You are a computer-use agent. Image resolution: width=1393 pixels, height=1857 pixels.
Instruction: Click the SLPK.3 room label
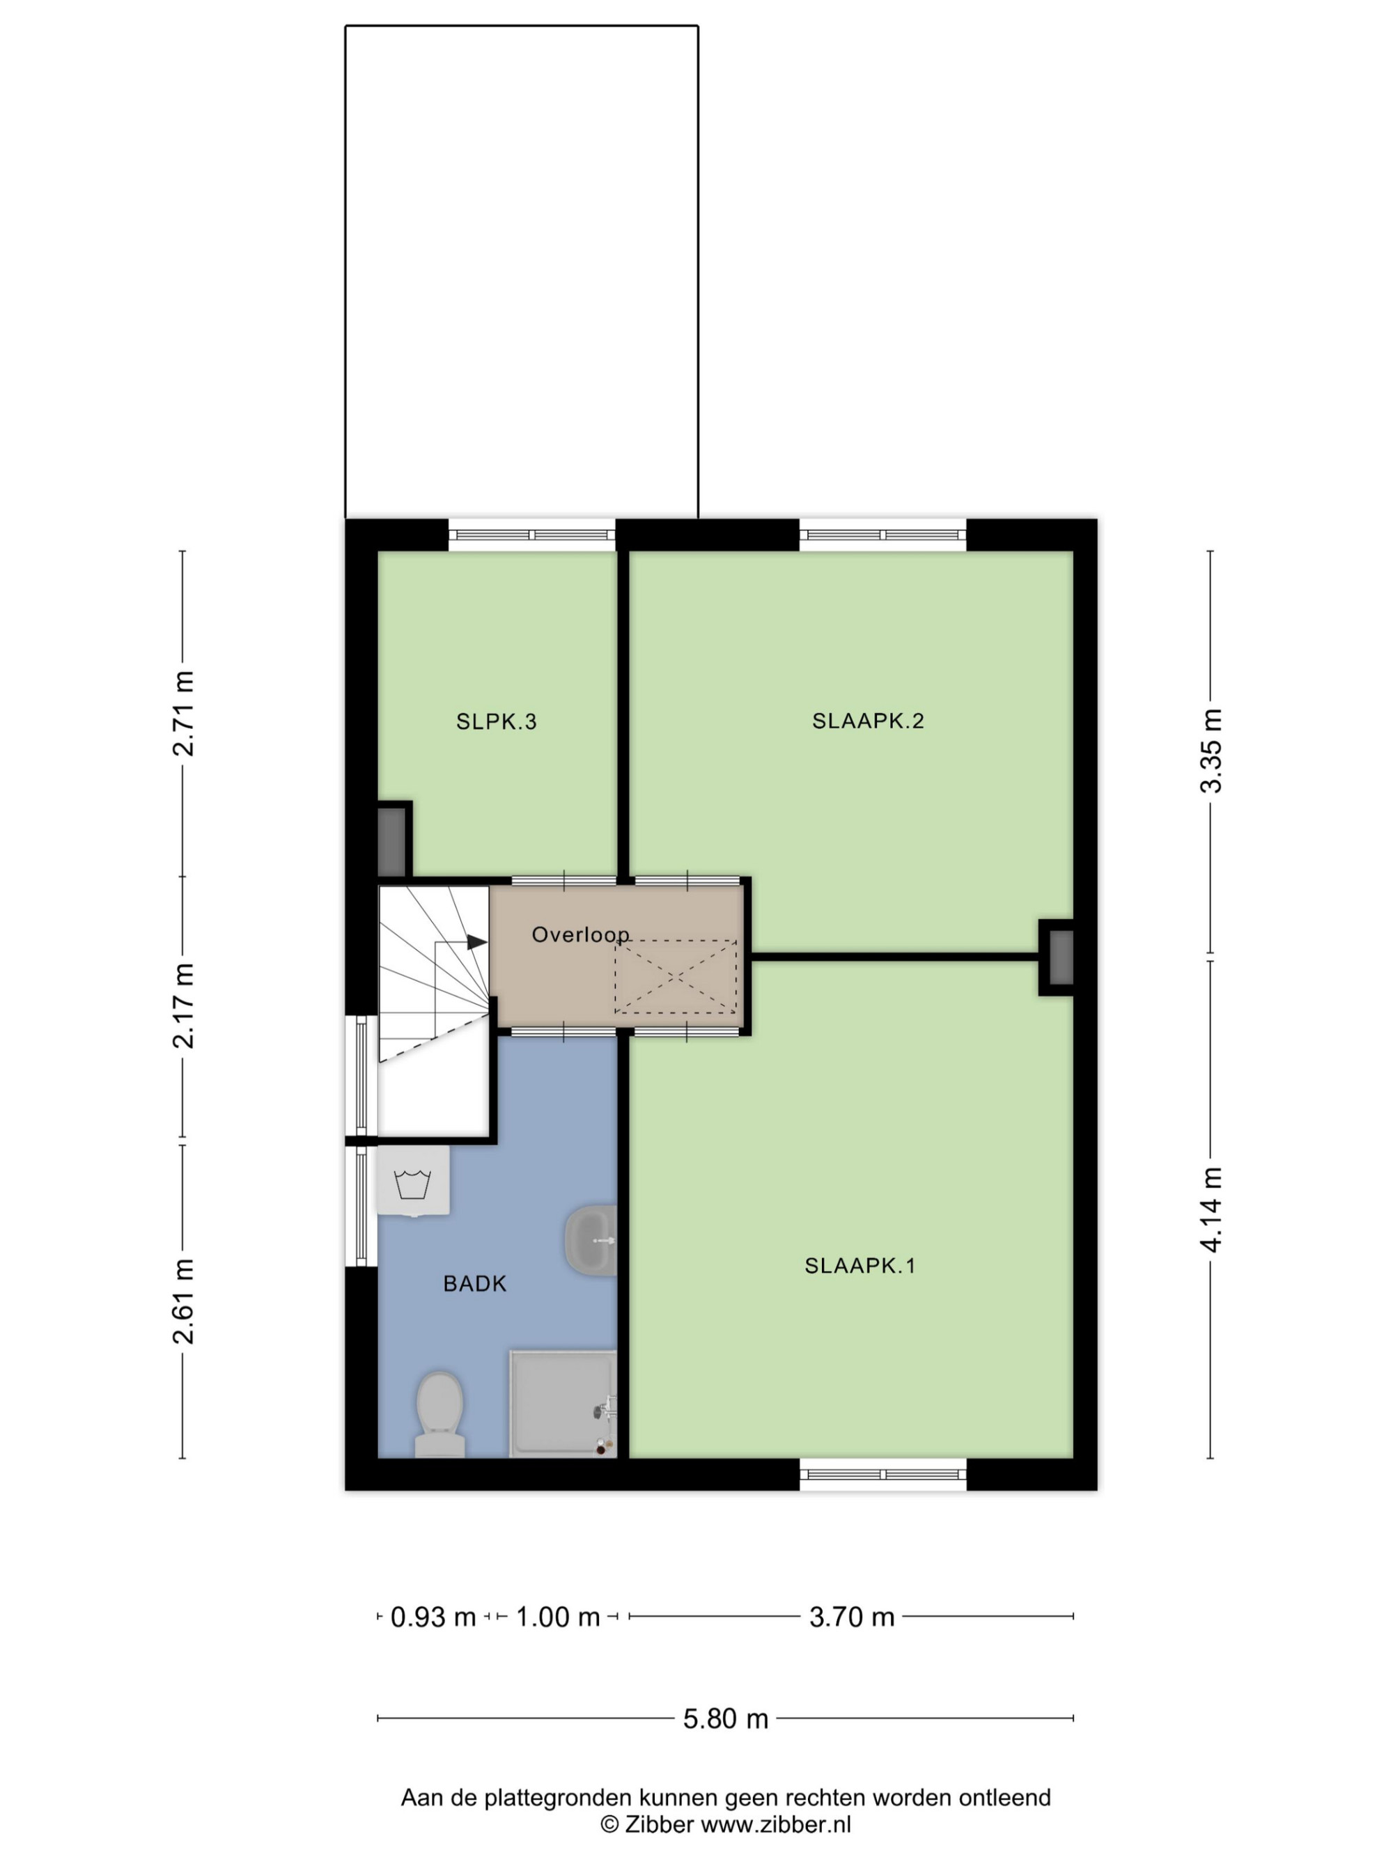(x=495, y=721)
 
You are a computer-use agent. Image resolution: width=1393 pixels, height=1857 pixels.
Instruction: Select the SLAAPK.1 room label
(x=859, y=1265)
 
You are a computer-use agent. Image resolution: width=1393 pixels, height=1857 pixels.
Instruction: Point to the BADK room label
(x=475, y=1283)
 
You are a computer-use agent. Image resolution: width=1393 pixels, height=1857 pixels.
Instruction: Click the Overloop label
(x=580, y=934)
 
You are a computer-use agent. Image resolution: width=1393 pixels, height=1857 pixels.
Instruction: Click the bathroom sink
(x=590, y=1240)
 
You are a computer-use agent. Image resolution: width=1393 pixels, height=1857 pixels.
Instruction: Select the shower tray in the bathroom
(x=563, y=1404)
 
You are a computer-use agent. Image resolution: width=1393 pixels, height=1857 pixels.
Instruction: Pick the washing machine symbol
(x=412, y=1180)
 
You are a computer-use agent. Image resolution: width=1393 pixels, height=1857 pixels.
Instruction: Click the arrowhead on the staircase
(x=477, y=942)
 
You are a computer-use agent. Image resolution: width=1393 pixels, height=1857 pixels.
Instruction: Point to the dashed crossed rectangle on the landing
(x=675, y=976)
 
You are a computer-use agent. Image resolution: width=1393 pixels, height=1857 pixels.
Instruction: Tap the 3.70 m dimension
(x=851, y=1616)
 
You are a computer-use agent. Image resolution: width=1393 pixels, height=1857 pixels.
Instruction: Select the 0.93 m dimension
(x=433, y=1616)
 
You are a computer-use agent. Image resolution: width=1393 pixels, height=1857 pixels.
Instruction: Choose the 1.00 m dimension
(x=557, y=1616)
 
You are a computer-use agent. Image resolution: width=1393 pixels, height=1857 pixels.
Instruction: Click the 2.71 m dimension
(x=183, y=714)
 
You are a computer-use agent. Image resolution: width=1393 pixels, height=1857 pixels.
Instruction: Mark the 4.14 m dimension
(x=1211, y=1209)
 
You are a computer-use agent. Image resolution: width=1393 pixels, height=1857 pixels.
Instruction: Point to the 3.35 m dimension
(x=1211, y=751)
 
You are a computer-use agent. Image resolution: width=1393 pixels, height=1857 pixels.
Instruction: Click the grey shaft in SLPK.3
(x=391, y=841)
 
